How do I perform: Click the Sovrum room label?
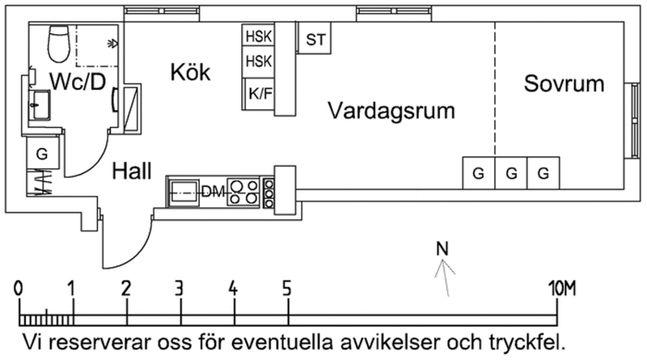click(564, 83)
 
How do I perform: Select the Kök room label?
click(190, 73)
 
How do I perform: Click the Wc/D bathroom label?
click(78, 81)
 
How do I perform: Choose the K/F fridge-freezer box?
click(260, 93)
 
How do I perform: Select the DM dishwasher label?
click(211, 192)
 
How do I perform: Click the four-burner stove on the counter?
click(243, 192)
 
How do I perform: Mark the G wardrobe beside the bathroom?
click(42, 153)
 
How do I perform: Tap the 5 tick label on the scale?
click(287, 287)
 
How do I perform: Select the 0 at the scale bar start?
click(19, 287)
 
